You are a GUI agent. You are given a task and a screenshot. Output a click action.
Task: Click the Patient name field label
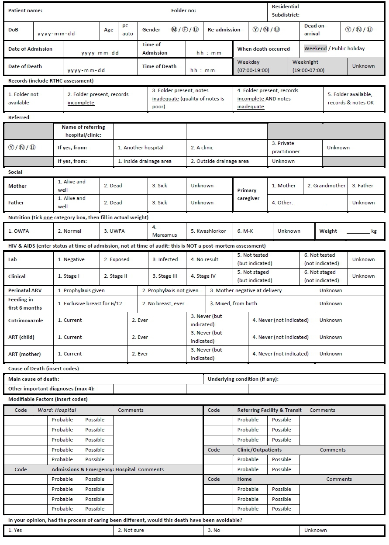point(25,10)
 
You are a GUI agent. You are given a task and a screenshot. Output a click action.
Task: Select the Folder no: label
point(183,10)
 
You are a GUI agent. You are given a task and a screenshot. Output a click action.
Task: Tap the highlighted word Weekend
point(315,48)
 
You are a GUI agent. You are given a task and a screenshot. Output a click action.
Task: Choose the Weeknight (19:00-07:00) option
point(308,66)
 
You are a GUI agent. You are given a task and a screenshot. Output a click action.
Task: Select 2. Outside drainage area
point(220,161)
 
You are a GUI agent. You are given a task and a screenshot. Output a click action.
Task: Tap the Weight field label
point(328,231)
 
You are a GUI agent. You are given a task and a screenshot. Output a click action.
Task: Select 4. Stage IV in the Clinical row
point(203,276)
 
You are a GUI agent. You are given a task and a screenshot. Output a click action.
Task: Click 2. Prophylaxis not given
point(170,290)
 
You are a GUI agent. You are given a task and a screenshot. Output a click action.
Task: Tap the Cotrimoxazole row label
point(26,320)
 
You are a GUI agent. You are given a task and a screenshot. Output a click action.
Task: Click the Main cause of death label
point(34,379)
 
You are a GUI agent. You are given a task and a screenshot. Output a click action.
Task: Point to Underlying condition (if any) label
point(243,379)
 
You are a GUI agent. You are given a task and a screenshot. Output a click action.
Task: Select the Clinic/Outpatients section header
point(259,450)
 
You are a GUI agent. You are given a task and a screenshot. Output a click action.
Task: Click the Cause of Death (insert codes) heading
point(44,369)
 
